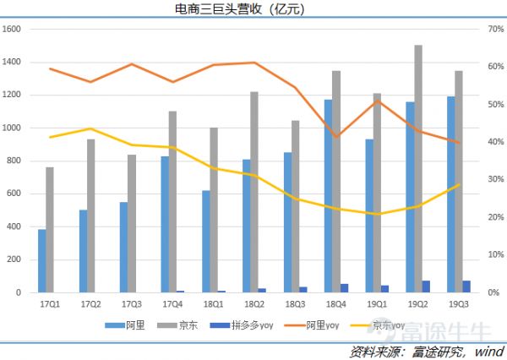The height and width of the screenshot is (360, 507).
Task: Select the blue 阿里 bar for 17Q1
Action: pyautogui.click(x=42, y=261)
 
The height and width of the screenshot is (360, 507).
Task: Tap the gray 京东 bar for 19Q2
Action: pyautogui.click(x=418, y=169)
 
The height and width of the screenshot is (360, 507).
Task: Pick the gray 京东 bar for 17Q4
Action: pyautogui.click(x=172, y=202)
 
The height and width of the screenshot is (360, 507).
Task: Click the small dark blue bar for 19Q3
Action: pyautogui.click(x=466, y=286)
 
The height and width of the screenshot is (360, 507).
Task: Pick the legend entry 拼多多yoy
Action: pyautogui.click(x=243, y=324)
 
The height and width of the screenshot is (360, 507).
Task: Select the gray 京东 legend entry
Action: pyautogui.click(x=180, y=324)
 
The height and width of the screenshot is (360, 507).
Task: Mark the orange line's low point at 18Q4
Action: pyautogui.click(x=336, y=137)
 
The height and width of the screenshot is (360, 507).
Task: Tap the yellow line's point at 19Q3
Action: pyautogui.click(x=459, y=185)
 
